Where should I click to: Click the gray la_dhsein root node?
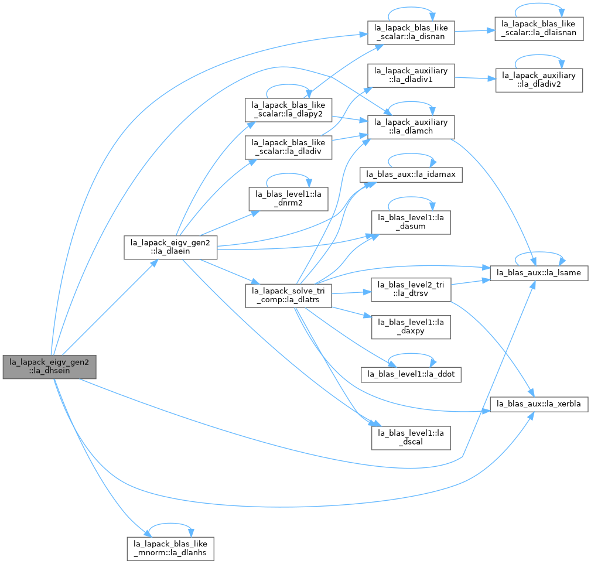click(49, 367)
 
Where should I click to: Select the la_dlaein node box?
click(170, 247)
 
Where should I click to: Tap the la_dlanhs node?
click(170, 549)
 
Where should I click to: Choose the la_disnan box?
click(411, 33)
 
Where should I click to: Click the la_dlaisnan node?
click(539, 29)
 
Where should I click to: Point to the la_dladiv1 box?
click(411, 76)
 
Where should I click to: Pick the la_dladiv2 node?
click(539, 80)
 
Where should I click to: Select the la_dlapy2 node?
click(288, 110)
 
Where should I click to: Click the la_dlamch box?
click(411, 127)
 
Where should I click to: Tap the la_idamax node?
click(411, 175)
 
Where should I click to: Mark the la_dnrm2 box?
click(288, 199)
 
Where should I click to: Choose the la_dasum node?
click(411, 223)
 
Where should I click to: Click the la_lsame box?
click(539, 273)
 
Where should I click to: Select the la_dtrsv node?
click(411, 289)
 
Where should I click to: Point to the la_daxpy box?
click(411, 327)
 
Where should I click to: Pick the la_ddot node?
click(411, 374)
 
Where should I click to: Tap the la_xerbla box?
click(539, 404)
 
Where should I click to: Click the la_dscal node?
click(411, 437)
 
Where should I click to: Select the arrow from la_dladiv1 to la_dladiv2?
click(475, 78)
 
